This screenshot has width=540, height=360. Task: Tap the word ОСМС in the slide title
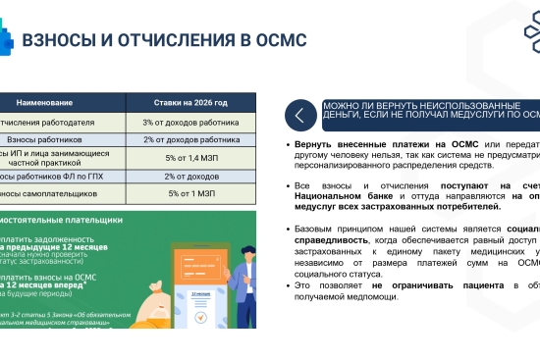pos(281,40)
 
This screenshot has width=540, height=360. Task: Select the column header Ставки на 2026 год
pos(190,101)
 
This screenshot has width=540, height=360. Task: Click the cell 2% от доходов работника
pos(190,139)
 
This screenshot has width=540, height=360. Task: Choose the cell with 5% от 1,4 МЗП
pos(190,157)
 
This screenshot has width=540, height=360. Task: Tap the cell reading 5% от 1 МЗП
pos(190,193)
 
